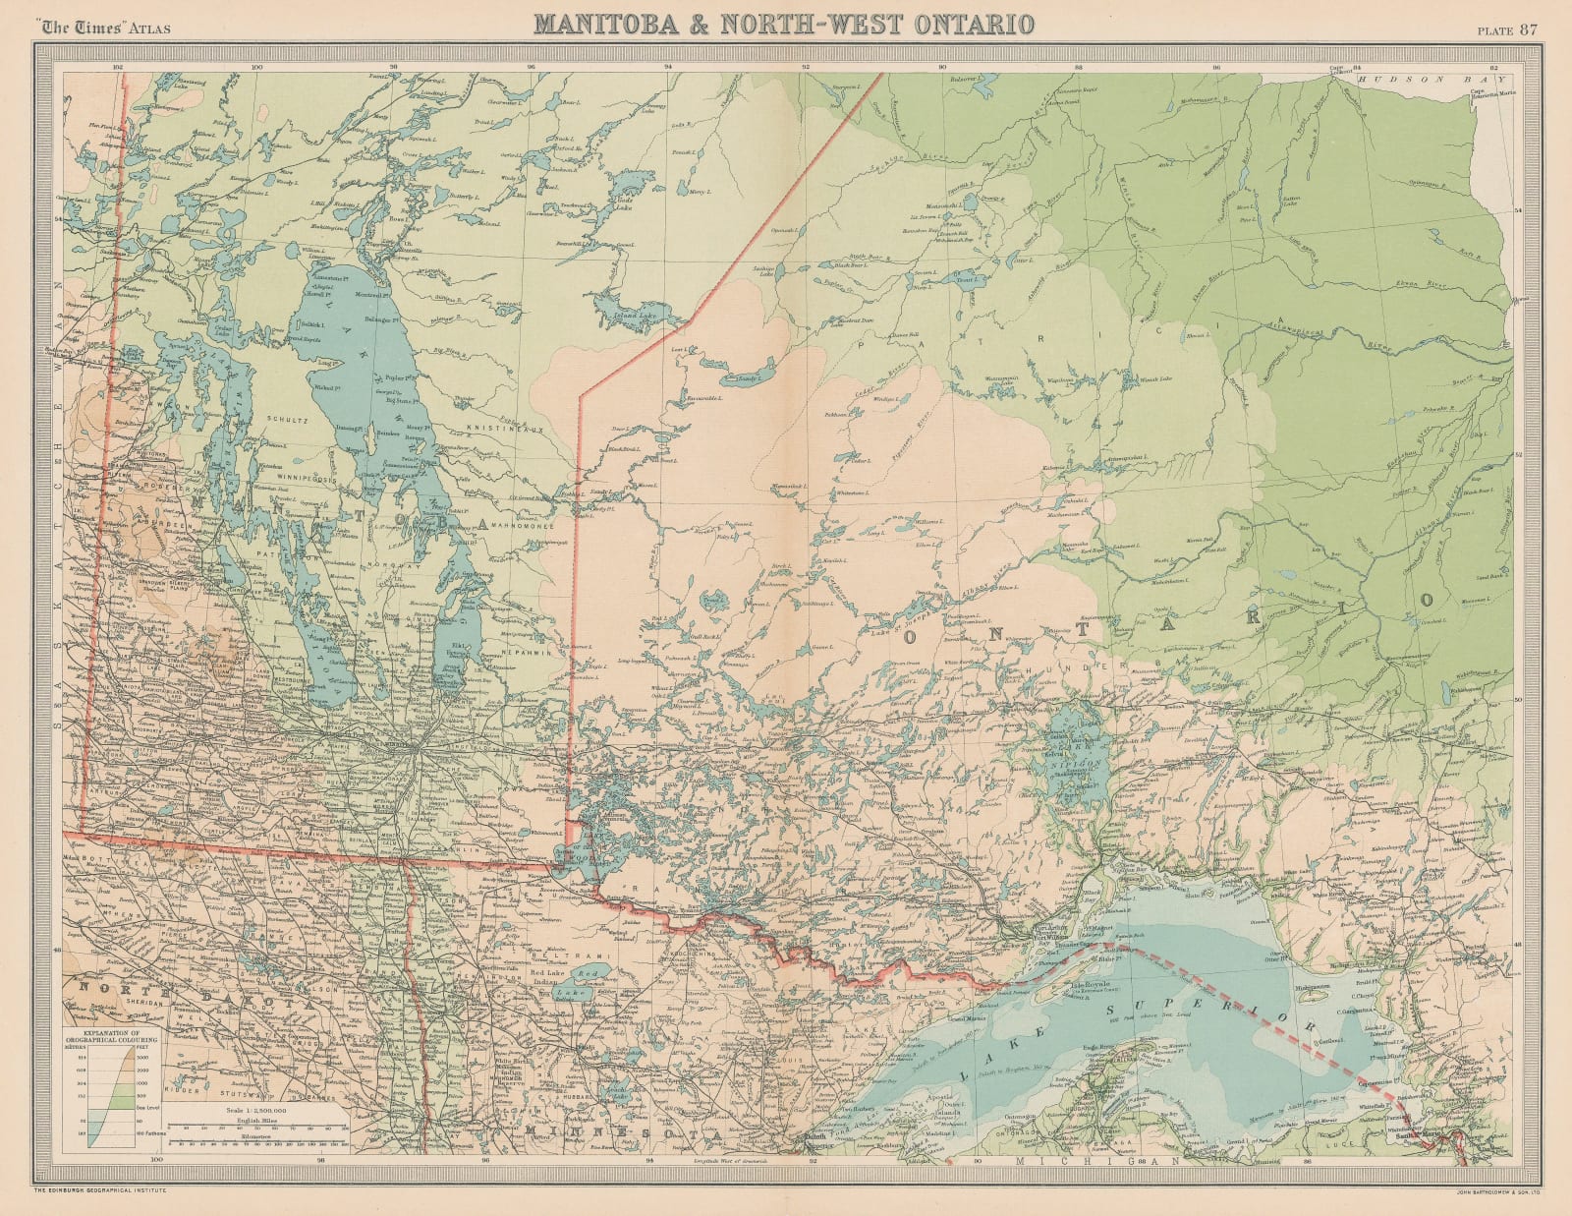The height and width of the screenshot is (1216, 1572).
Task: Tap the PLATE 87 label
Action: coord(1507,28)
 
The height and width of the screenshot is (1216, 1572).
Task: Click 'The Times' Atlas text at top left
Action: coord(103,28)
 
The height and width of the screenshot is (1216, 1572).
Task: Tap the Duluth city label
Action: coord(816,1137)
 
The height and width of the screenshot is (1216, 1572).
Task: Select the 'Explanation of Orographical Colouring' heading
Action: coord(105,1035)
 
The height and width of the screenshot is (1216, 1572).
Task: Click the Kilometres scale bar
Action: coord(254,1138)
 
